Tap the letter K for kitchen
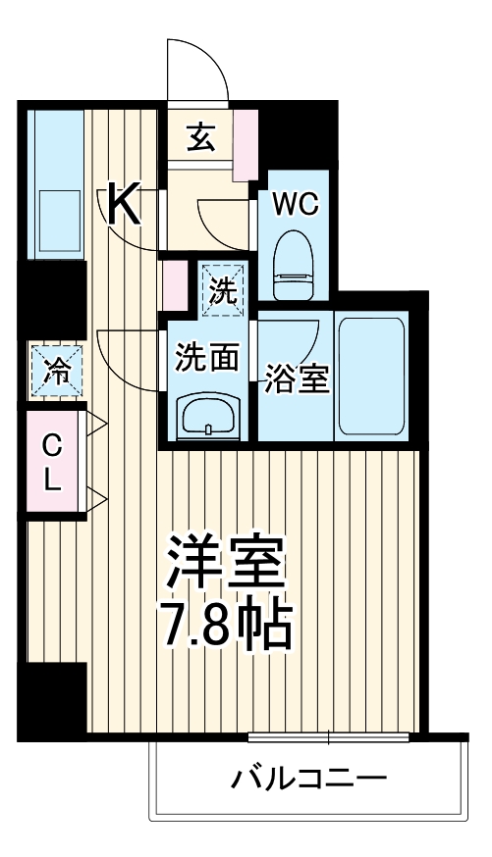pos(123,204)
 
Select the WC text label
pos(294,204)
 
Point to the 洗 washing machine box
pos(225,287)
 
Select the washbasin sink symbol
pos(207,416)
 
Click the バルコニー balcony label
pos(308,781)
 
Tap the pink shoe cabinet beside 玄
pos(245,143)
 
